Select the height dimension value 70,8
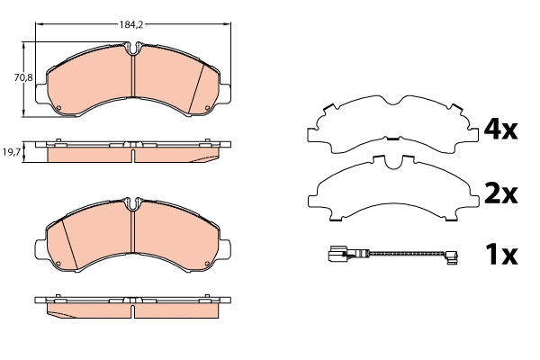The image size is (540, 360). click(23, 78)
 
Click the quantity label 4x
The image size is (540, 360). click(501, 130)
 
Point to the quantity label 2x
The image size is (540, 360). click(501, 193)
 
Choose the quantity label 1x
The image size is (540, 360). click(501, 256)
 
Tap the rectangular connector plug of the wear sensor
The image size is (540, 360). click(338, 255)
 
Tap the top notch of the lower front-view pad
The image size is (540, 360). click(132, 208)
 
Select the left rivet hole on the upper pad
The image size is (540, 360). click(58, 112)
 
